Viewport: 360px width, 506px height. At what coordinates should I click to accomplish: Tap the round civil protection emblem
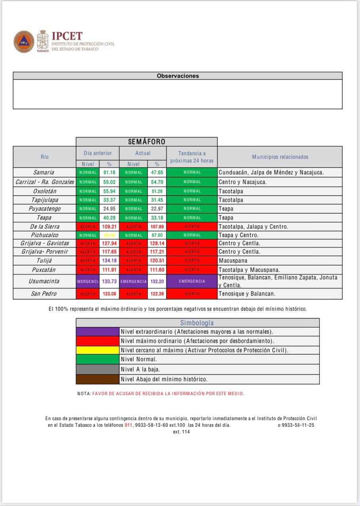[x=24, y=42]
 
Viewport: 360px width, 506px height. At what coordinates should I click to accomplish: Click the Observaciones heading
[x=178, y=76]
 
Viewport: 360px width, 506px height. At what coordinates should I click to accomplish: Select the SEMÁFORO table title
[x=146, y=142]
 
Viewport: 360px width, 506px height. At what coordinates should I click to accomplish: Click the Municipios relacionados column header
[x=280, y=157]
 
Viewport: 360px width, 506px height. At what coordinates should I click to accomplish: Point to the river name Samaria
[x=44, y=172]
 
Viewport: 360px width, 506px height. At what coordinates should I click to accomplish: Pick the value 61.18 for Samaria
[x=109, y=172]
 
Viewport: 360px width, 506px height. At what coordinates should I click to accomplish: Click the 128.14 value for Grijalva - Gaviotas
[x=157, y=244]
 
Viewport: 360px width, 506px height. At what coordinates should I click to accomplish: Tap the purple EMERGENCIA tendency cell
[x=192, y=281]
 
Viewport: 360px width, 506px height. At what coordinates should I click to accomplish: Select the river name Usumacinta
[x=44, y=281]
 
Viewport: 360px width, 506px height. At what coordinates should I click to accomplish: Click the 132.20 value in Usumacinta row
[x=157, y=281]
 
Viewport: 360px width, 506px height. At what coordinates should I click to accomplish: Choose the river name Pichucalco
[x=44, y=235]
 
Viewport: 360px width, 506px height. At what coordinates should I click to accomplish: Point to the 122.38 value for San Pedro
[x=157, y=294]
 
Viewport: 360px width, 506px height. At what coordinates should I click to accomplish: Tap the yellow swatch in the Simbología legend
[x=98, y=350]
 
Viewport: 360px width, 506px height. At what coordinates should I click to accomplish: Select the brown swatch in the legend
[x=98, y=379]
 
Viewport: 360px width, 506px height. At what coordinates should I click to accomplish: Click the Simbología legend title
[x=197, y=323]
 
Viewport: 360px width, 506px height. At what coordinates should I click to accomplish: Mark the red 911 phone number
[x=128, y=425]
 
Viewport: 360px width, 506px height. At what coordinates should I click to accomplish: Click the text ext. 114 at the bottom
[x=181, y=432]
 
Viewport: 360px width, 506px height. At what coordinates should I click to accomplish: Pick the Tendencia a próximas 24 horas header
[x=192, y=157]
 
